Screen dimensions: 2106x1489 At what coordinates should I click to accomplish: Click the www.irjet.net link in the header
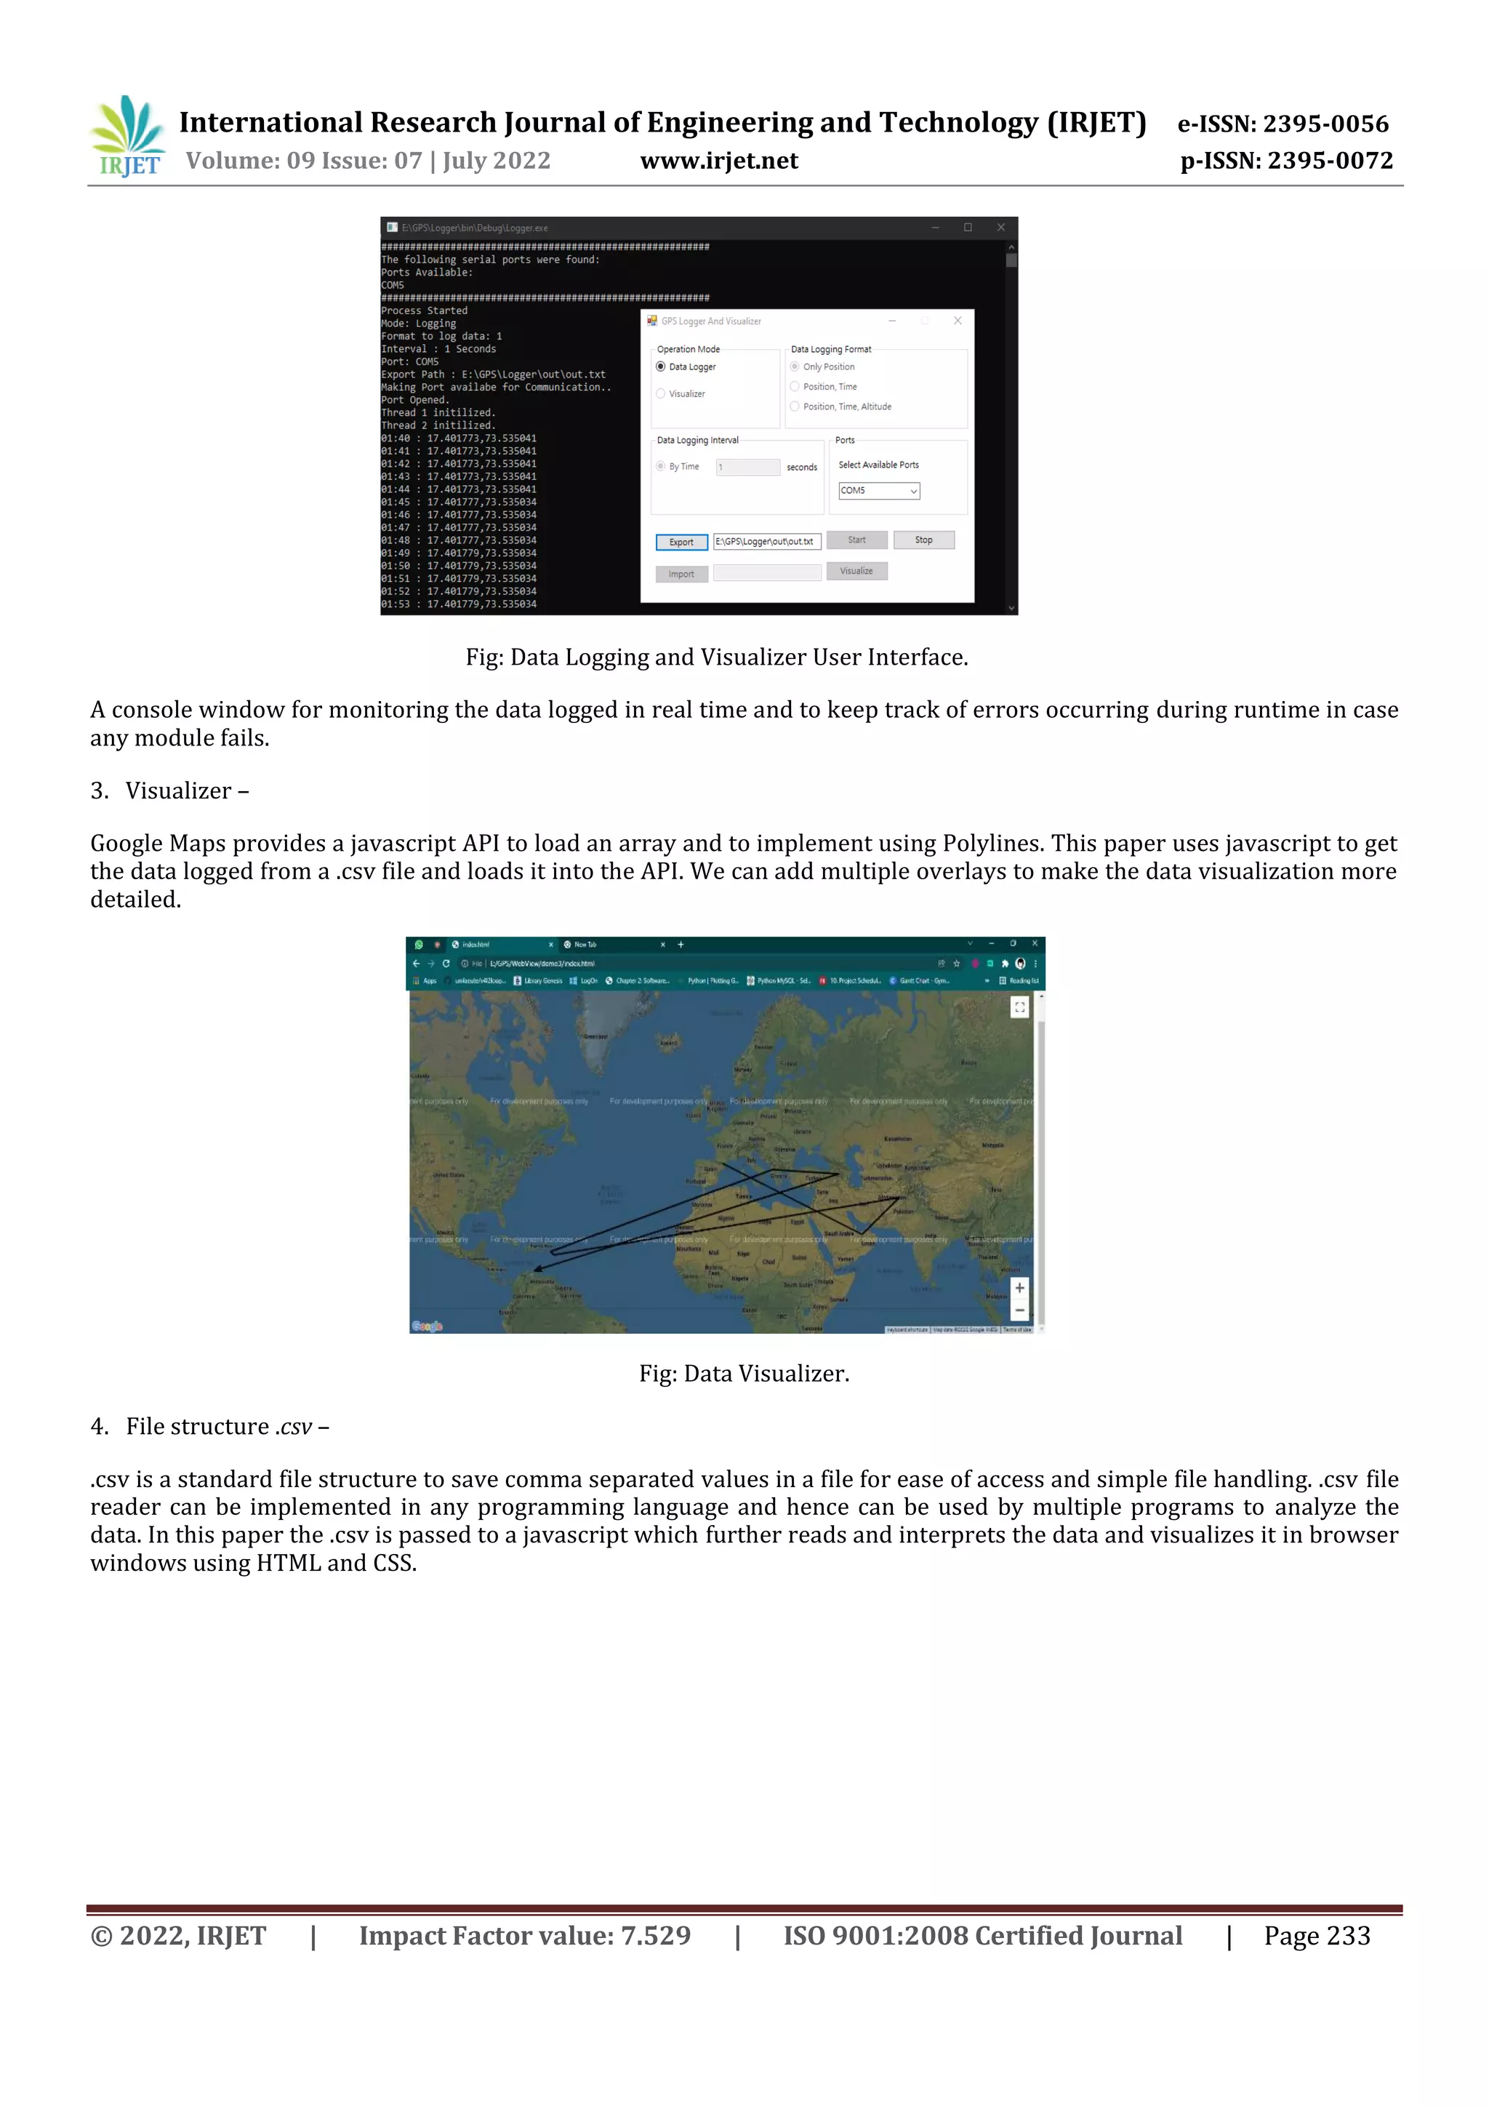click(719, 161)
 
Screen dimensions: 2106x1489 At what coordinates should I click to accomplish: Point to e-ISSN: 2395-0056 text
click(1283, 124)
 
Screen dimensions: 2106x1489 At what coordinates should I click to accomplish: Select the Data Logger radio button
click(661, 367)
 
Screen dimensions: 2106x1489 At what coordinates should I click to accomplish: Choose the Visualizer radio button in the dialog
click(661, 393)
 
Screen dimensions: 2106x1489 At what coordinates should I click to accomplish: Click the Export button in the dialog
click(681, 542)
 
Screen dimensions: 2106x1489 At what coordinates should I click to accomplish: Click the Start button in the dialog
click(856, 540)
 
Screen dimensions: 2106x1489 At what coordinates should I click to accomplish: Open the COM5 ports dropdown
click(878, 491)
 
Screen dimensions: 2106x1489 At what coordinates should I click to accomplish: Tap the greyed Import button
click(681, 574)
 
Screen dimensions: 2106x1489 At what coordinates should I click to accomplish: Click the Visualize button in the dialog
click(856, 571)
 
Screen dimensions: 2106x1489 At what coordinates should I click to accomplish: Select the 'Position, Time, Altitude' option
click(795, 407)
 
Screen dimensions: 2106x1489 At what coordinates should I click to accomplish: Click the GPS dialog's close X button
click(958, 321)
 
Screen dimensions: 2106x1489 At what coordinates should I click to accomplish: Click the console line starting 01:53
click(459, 604)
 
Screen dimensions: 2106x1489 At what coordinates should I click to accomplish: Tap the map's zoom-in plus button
click(1019, 1288)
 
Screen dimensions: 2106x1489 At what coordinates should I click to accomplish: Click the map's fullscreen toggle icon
click(1019, 1007)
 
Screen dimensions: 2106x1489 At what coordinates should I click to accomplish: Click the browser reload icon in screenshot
click(446, 963)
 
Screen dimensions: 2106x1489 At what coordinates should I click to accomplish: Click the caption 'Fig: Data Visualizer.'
click(744, 1374)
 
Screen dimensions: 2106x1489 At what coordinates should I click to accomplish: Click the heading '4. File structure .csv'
click(210, 1426)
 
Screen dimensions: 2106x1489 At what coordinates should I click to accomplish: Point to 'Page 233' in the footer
click(1317, 1935)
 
